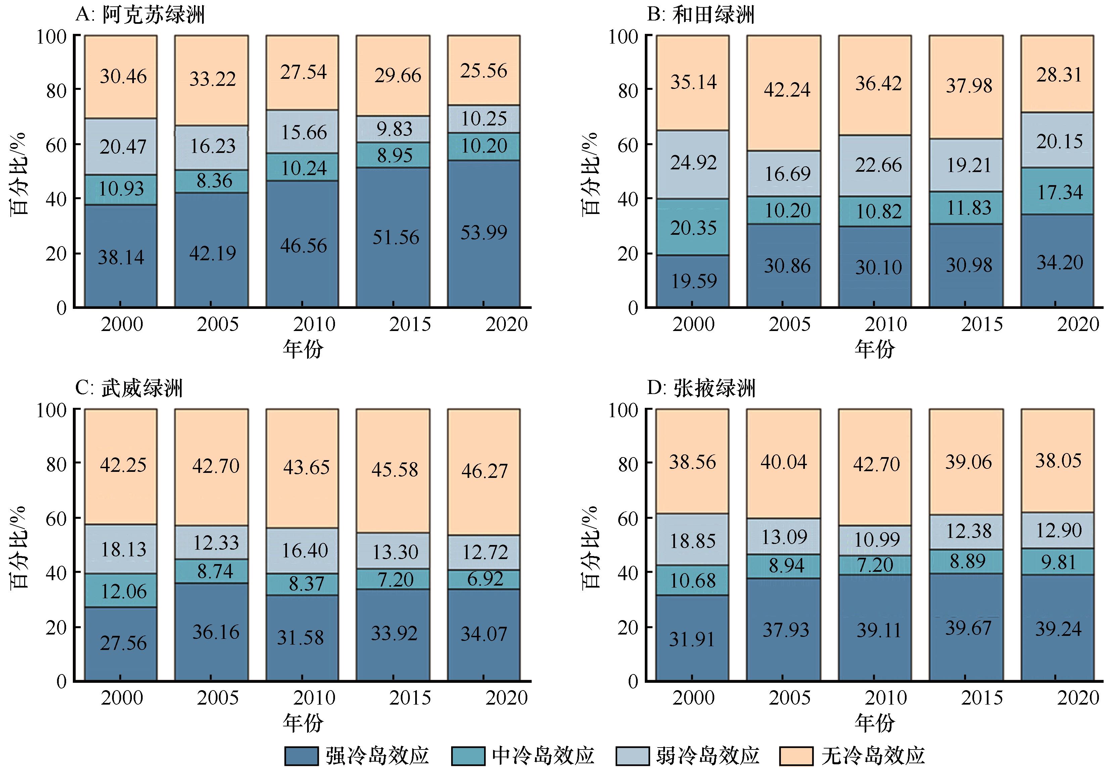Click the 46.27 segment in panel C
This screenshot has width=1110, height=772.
pyautogui.click(x=484, y=471)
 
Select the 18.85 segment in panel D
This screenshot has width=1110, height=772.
pyautogui.click(x=693, y=541)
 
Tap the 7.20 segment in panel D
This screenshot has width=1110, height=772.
pyautogui.click(x=875, y=564)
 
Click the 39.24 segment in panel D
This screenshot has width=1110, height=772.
pyautogui.click(x=1058, y=628)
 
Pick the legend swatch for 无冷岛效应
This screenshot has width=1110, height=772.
pyautogui.click(x=796, y=756)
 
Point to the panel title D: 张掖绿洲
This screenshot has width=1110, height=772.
pyautogui.click(x=701, y=388)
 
